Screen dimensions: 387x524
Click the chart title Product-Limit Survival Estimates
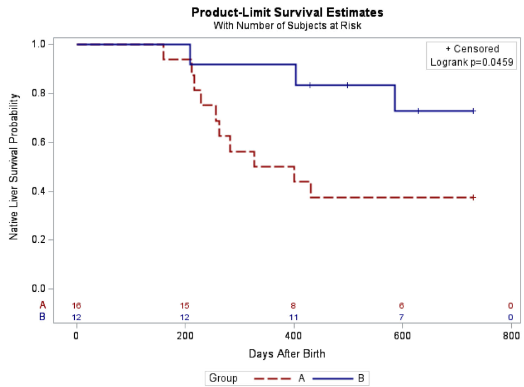(x=287, y=12)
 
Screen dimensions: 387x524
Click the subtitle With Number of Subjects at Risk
(x=287, y=25)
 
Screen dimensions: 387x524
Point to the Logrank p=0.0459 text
(x=472, y=62)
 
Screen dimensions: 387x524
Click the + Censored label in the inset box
(x=472, y=49)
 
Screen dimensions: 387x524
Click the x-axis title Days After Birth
(x=287, y=354)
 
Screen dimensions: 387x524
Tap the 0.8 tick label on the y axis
(x=45, y=93)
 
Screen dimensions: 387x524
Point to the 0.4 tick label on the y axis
(x=45, y=191)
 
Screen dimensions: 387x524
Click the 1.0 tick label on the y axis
(x=45, y=44)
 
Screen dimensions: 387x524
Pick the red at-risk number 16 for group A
(x=76, y=305)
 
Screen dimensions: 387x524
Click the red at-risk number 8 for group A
(x=293, y=305)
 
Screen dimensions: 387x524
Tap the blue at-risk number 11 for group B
(x=293, y=317)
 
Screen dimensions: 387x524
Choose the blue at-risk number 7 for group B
(x=401, y=317)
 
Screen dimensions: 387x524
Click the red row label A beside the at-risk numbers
(x=42, y=305)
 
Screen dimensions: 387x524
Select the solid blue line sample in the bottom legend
(x=333, y=379)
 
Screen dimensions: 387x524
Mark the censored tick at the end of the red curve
(x=473, y=198)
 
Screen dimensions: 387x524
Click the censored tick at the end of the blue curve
(x=473, y=111)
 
